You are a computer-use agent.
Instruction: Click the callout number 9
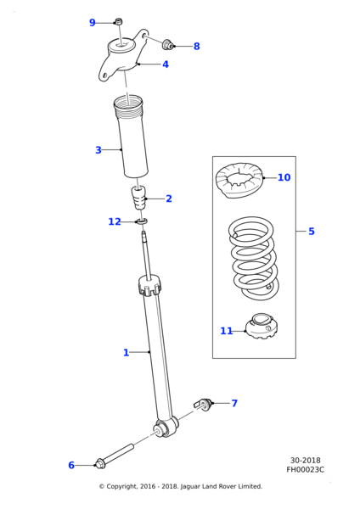pos(93,23)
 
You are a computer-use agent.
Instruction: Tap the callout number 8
pos(197,47)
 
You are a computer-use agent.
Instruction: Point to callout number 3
pos(98,150)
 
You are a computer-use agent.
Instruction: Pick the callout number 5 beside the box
pos(312,232)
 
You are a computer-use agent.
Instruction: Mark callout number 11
pos(226,331)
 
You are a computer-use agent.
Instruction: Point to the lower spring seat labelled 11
pos(262,327)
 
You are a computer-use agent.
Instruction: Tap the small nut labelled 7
pos(204,404)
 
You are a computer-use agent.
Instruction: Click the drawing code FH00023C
pos(305,470)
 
